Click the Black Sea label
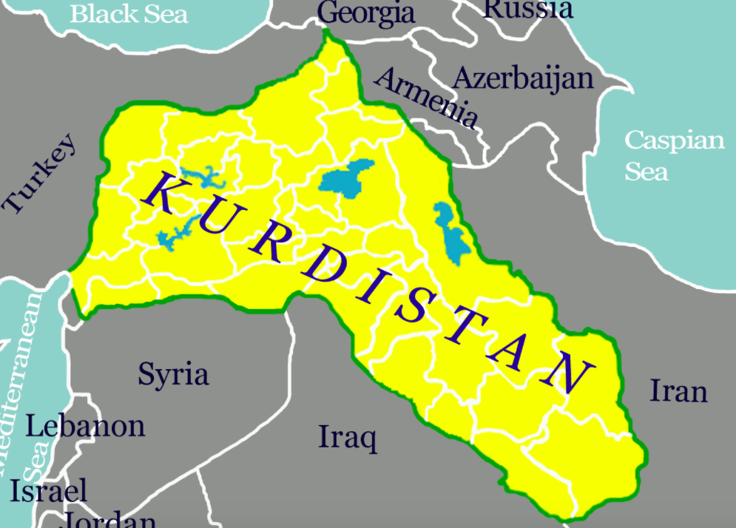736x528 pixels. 129,13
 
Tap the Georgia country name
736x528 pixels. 365,12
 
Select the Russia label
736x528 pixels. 528,7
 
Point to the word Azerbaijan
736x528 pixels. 523,78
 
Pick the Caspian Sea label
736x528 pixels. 674,155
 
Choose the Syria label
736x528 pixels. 173,374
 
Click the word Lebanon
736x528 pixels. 85,426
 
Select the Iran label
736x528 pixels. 678,390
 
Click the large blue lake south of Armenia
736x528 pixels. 344,177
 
